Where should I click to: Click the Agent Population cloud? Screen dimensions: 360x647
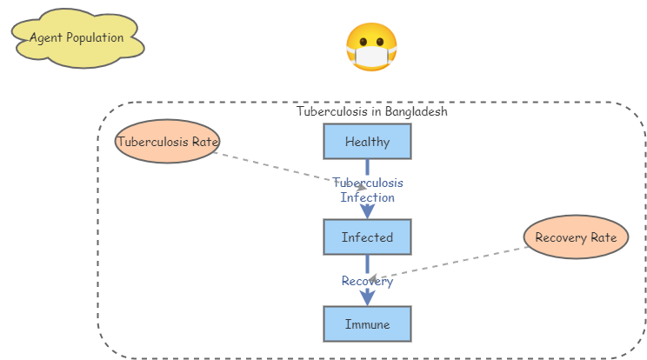[77, 37]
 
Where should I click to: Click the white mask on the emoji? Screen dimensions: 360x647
[371, 57]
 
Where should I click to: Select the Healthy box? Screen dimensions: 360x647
[367, 142]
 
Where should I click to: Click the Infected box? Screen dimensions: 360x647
[367, 237]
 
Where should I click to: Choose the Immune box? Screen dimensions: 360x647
[367, 324]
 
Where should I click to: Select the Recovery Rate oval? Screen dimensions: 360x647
[576, 237]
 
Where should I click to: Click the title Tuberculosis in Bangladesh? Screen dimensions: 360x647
[371, 111]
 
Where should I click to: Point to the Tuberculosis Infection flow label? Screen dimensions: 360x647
[367, 190]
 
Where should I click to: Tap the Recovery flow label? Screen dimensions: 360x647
[367, 281]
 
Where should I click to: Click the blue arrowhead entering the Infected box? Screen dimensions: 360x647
[367, 211]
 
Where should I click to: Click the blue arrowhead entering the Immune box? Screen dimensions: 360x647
[367, 298]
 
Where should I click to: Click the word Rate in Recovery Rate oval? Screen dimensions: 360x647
[603, 237]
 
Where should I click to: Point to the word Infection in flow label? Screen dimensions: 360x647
[367, 197]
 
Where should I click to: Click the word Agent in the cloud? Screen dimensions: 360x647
[45, 37]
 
